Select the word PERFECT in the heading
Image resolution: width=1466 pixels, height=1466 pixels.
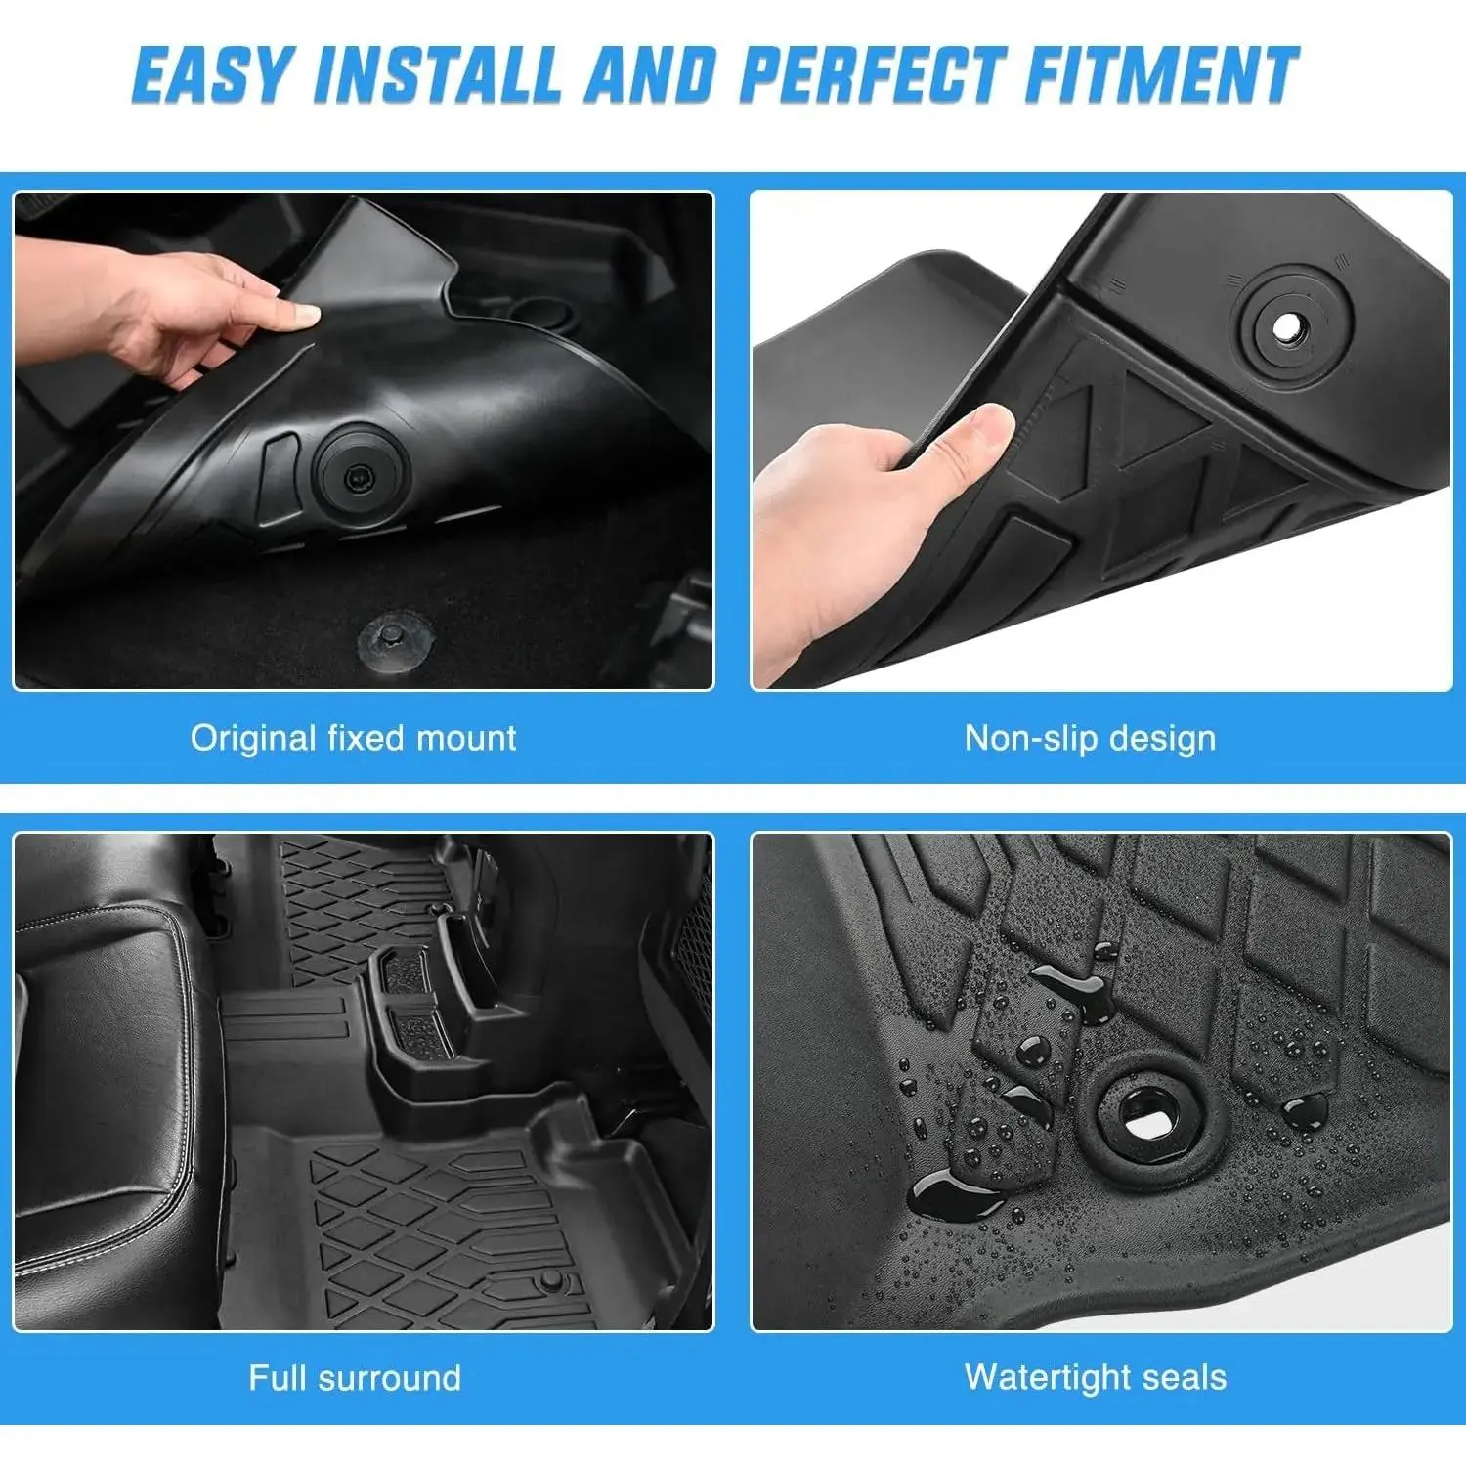pos(872,74)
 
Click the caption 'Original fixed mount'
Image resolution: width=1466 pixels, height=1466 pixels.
pos(353,738)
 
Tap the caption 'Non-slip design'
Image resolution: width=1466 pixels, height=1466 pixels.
pos(1090,738)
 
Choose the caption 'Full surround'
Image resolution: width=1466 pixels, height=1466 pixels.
pos(354,1378)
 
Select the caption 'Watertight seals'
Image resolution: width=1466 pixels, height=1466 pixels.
pos(1095,1377)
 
